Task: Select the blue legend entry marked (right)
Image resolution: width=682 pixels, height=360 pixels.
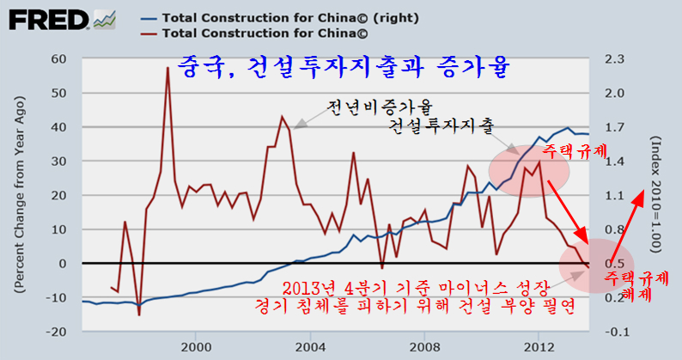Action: (x=249, y=16)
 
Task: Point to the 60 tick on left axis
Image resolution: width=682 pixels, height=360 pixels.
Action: (x=59, y=58)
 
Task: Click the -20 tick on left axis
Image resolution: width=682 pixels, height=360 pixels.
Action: (x=57, y=332)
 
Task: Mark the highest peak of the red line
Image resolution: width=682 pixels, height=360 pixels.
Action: (x=167, y=68)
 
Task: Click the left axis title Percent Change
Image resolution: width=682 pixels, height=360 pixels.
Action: (x=17, y=196)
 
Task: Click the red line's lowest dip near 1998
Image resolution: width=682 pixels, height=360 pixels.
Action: (x=139, y=314)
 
